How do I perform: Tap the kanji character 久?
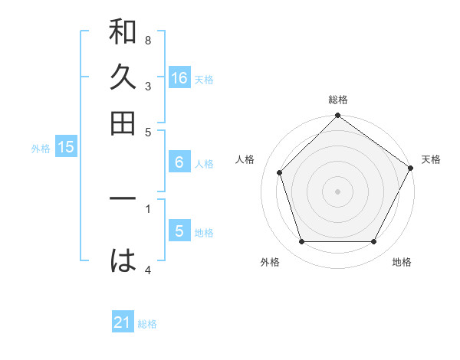[x=123, y=79]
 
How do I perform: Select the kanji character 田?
[x=123, y=123]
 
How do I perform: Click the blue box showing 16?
[x=179, y=78]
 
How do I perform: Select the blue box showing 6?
[x=179, y=162]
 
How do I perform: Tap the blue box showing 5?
[x=179, y=231]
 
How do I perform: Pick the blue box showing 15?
[x=66, y=148]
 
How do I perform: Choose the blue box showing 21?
[x=123, y=322]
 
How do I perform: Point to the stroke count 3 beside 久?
[x=147, y=87]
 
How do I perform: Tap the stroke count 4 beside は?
[x=147, y=270]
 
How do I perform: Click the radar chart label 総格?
[x=338, y=100]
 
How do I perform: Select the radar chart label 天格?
[x=431, y=159]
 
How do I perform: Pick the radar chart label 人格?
[x=245, y=159]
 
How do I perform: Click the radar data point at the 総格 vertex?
[x=338, y=116]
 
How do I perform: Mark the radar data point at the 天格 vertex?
[x=411, y=168]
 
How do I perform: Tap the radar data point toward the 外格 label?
[x=301, y=242]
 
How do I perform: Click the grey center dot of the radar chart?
[x=338, y=191]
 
